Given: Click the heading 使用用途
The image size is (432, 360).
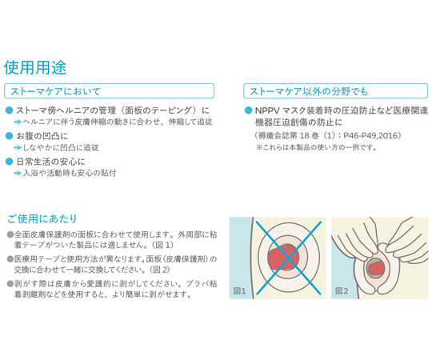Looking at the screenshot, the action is (35, 67).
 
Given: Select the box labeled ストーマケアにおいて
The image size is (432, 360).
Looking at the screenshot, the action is (109, 91).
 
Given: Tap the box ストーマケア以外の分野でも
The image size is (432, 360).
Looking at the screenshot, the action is (335, 91).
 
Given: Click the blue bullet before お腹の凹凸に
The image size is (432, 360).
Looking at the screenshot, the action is (10, 136).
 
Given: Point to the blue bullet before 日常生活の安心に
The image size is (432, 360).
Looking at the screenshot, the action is (10, 162).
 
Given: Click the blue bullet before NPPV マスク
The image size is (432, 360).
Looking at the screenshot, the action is (249, 110).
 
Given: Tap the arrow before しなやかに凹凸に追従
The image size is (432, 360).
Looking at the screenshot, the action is (18, 148).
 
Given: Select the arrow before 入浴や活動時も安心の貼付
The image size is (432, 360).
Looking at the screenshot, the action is (18, 174).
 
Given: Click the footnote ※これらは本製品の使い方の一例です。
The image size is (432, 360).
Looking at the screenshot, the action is (317, 148).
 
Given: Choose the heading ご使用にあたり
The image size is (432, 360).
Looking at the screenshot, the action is (42, 218).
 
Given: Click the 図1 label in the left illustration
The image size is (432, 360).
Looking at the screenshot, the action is (239, 291).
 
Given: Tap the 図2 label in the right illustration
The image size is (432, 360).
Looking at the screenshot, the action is (342, 291).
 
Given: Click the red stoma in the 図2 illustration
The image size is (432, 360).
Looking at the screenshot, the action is (377, 268).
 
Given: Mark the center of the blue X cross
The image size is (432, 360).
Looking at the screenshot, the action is (289, 258).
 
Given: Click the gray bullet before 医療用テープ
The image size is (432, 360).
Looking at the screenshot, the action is (10, 259).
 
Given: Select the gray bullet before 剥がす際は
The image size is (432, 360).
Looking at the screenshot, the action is (10, 284).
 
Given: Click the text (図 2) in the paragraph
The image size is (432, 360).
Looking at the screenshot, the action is (160, 270).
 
